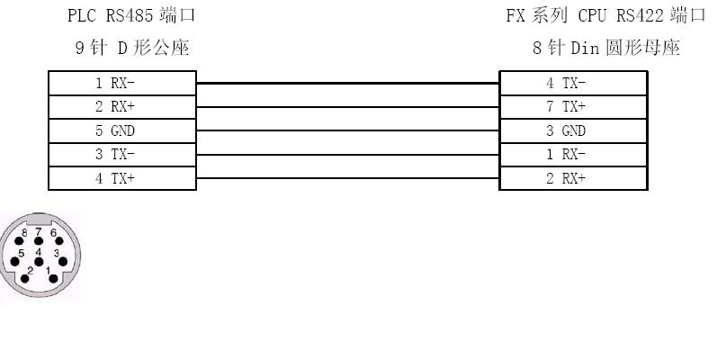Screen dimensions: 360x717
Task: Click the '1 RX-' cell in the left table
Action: [x=121, y=84]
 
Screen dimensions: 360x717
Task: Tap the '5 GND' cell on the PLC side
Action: [x=121, y=131]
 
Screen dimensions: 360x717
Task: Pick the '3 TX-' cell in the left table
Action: [x=121, y=155]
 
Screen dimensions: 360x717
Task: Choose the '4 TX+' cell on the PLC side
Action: [x=121, y=178]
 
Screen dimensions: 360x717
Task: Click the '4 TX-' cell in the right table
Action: [x=573, y=84]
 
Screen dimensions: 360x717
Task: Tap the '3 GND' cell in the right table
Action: [x=573, y=131]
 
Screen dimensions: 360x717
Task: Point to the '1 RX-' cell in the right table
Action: [x=573, y=155]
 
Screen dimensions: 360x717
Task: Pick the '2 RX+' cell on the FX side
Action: [x=573, y=178]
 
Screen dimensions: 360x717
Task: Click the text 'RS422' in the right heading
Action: [x=643, y=15]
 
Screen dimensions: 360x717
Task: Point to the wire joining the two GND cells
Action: [x=347, y=131]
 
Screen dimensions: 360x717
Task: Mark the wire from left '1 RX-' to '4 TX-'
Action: [x=347, y=84]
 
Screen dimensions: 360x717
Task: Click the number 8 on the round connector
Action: [x=23, y=233]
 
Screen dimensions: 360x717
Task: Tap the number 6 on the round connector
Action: [x=53, y=233]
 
